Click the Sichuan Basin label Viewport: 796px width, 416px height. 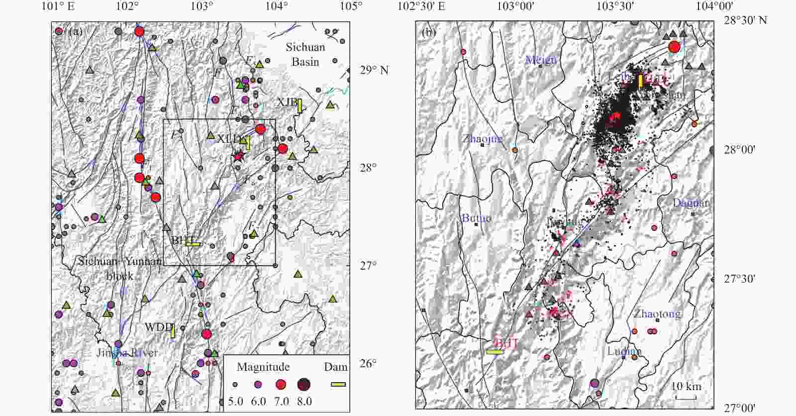pyautogui.click(x=305, y=54)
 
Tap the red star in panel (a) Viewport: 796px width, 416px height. pyautogui.click(x=238, y=156)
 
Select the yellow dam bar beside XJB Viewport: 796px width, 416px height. pyautogui.click(x=300, y=106)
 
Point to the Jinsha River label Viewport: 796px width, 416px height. pyautogui.click(x=127, y=353)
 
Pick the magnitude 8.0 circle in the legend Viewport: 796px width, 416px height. pyautogui.click(x=304, y=384)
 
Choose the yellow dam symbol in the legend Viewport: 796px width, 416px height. pyautogui.click(x=338, y=384)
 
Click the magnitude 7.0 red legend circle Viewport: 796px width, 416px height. pyautogui.click(x=281, y=384)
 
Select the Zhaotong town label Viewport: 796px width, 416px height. pyautogui.click(x=657, y=313)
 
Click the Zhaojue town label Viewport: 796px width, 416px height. pyautogui.click(x=482, y=138)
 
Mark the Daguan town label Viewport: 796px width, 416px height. pyautogui.click(x=690, y=203)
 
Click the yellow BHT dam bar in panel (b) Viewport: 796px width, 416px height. pyautogui.click(x=495, y=352)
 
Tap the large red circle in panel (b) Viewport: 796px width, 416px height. pyautogui.click(x=674, y=47)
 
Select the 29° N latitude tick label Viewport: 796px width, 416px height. pyautogui.click(x=374, y=70)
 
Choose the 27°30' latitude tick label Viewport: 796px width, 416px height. pyautogui.click(x=739, y=279)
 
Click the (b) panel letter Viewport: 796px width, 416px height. pyautogui.click(x=428, y=33)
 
